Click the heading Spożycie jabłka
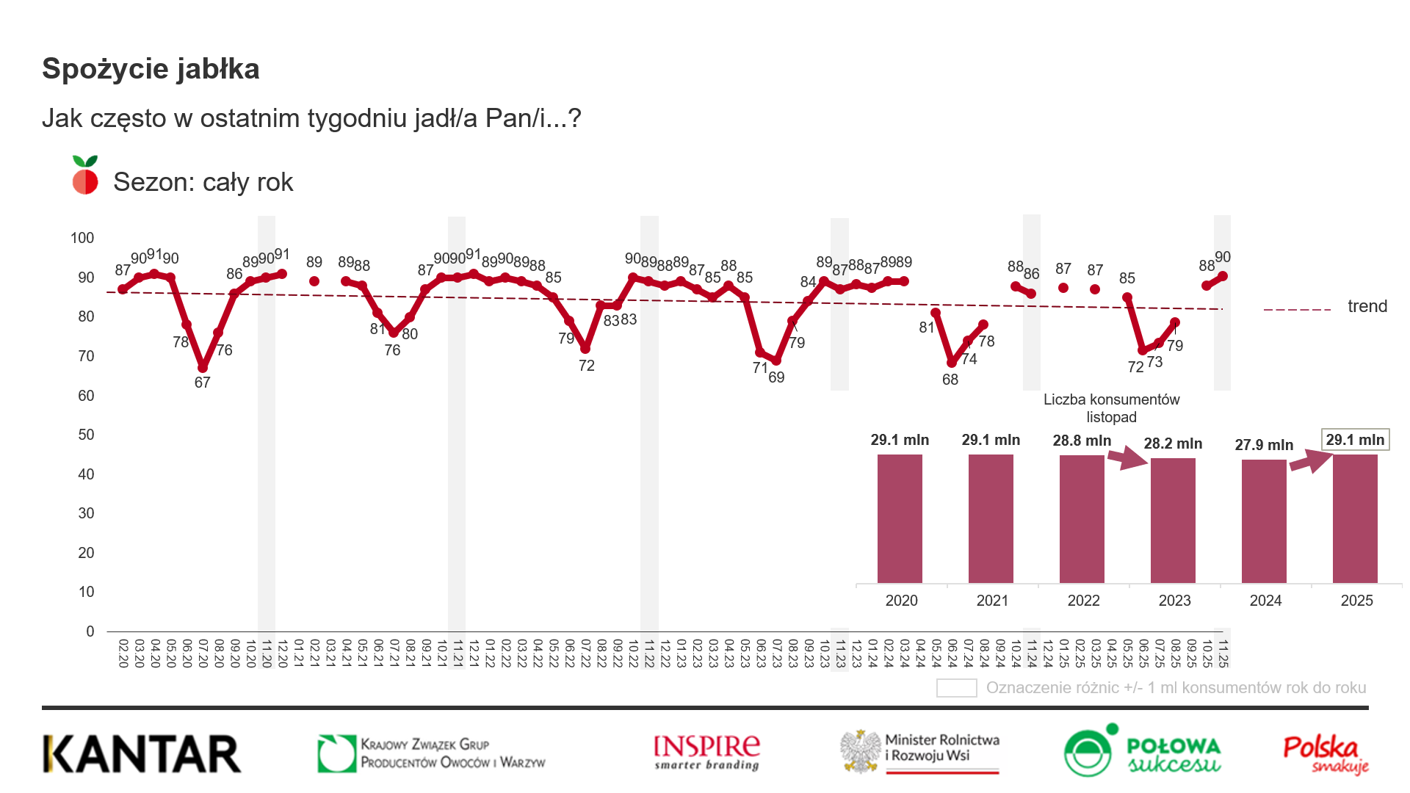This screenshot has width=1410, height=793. point(151,69)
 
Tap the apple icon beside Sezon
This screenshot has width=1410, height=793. point(85,175)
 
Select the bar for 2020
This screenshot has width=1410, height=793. point(900,518)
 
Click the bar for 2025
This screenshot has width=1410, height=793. point(1355,518)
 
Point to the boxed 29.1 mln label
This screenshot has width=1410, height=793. point(1355,439)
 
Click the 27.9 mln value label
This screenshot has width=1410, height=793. point(1264,445)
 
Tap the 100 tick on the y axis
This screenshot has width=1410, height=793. point(82,238)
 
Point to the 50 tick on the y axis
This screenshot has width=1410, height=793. point(86,435)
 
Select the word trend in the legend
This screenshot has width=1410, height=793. point(1367,306)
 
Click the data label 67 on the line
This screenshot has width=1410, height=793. point(202,383)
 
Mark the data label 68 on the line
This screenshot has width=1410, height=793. point(950,380)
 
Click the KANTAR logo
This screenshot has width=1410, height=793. point(142,753)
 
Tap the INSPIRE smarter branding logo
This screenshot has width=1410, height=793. point(706,753)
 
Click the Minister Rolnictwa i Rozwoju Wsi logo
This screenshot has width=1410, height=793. point(920,752)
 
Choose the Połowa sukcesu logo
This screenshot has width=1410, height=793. point(1142,751)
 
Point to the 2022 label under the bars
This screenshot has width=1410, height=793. point(1083,601)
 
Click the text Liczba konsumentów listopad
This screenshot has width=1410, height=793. point(1111,408)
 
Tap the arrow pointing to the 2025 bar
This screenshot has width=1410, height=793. point(1311,462)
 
